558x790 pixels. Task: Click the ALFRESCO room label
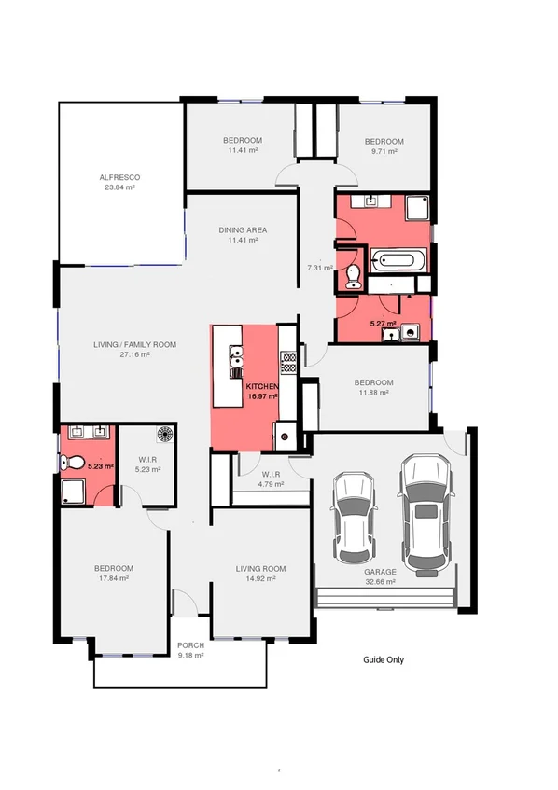[119, 176]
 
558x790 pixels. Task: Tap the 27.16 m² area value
[134, 354]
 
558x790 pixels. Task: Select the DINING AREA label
[243, 229]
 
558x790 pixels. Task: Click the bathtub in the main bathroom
[398, 260]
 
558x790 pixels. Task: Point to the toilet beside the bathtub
[352, 273]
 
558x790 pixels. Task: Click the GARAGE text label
[381, 572]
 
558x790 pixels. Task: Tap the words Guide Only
[384, 659]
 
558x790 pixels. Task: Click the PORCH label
[191, 645]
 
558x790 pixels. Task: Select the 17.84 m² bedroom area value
[112, 578]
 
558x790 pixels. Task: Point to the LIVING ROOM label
[260, 568]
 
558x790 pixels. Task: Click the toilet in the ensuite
[70, 461]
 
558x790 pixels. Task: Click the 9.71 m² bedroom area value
[384, 150]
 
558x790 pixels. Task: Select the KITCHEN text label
[262, 385]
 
